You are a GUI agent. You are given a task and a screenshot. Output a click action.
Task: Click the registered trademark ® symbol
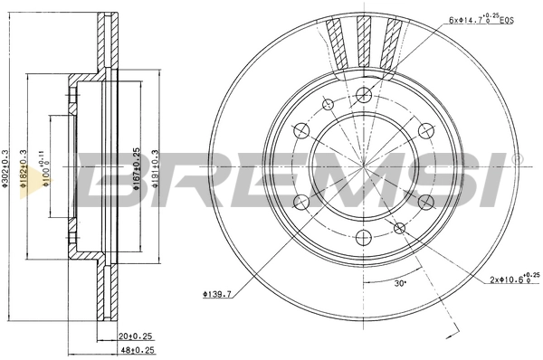tap(517, 159)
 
